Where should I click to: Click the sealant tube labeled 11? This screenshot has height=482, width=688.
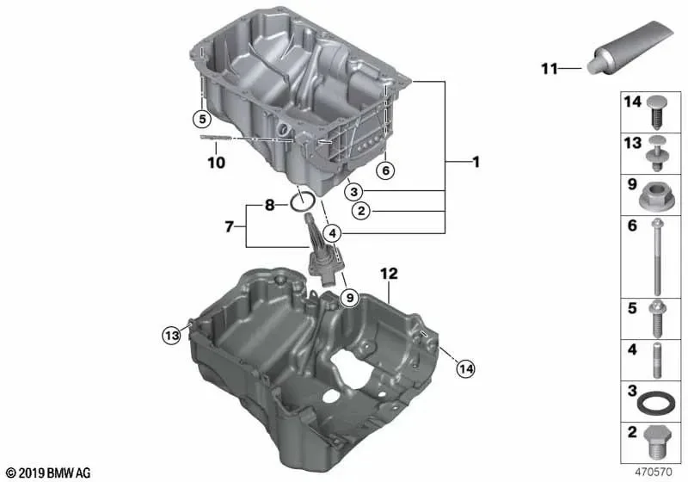click(x=630, y=47)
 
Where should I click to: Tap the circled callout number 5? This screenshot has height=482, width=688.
click(x=202, y=119)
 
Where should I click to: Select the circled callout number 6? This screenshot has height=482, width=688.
click(x=385, y=170)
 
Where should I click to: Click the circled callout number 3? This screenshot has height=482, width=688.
click(x=353, y=191)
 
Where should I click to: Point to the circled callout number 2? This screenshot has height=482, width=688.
click(x=361, y=211)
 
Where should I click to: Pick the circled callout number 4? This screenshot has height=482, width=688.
click(x=333, y=233)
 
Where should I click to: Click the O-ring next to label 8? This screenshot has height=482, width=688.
click(x=303, y=202)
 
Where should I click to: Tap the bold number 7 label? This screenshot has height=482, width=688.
click(x=229, y=227)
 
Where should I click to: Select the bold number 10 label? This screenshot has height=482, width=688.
click(x=217, y=163)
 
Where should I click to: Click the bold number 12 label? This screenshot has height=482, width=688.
click(x=389, y=274)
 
